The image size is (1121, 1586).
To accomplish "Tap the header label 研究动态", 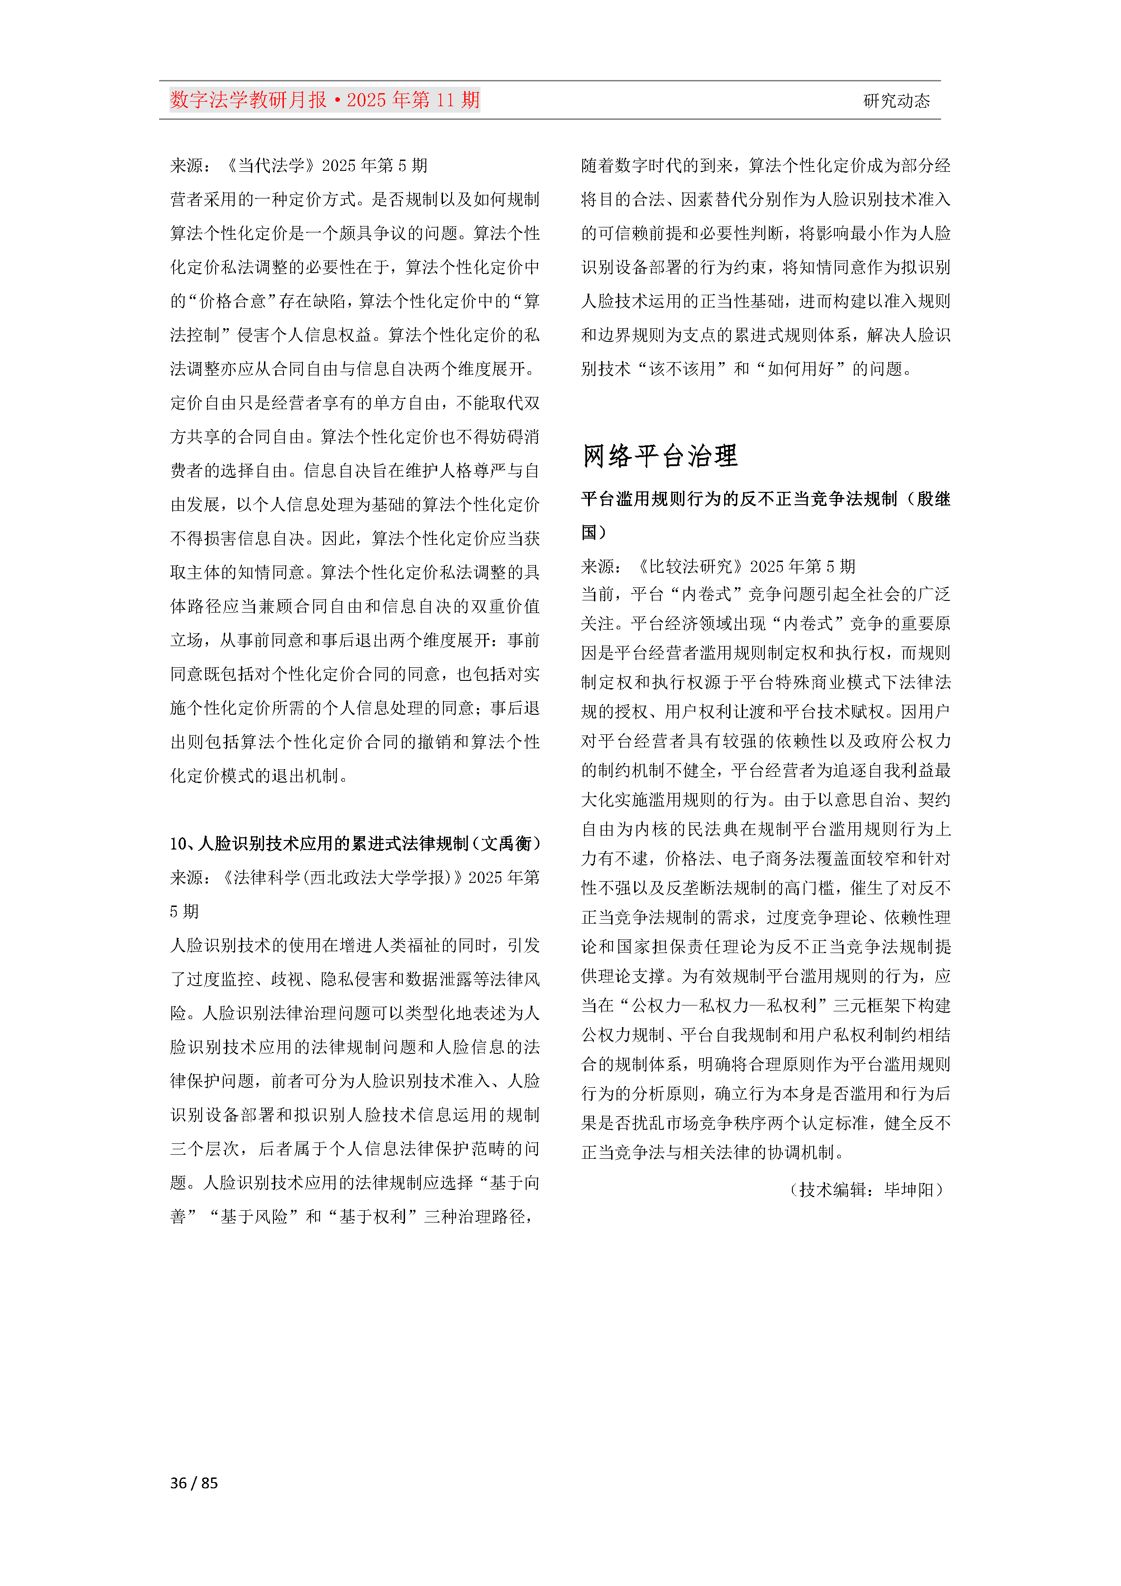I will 896,101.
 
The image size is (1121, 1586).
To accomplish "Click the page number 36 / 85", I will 194,1482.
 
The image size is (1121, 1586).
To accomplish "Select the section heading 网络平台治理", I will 659,456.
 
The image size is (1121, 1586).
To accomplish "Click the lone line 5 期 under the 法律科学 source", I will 184,911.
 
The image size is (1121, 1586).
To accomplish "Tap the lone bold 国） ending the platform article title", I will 593,532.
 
